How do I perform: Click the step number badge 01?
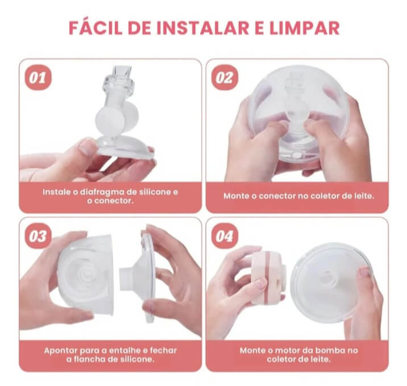[x=38, y=78]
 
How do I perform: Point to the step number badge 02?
[x=225, y=78]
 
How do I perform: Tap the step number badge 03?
[x=38, y=236]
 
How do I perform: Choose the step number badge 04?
[x=225, y=236]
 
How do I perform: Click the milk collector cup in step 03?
[x=86, y=275]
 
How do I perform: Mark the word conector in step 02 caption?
[x=277, y=196]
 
